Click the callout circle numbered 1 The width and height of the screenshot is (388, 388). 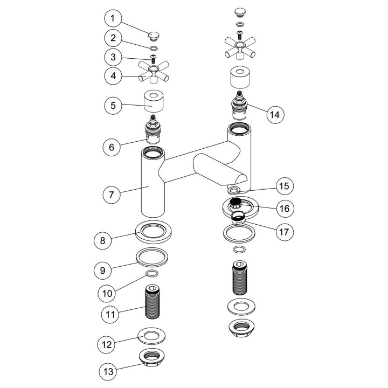[113, 18]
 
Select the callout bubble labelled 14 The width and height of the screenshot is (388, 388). [275, 115]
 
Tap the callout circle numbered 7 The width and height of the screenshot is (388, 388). [112, 195]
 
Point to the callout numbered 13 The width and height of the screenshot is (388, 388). [108, 371]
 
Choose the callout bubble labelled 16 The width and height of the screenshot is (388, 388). [285, 209]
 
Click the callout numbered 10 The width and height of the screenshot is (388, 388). [107, 294]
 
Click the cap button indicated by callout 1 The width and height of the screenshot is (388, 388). [154, 36]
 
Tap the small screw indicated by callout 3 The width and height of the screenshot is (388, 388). [154, 59]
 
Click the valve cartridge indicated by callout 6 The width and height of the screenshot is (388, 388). [153, 129]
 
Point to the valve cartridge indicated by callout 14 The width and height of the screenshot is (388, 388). [239, 105]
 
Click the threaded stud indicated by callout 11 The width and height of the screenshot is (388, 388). [152, 301]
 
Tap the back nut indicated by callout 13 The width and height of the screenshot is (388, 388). [152, 357]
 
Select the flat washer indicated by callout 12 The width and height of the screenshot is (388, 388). [151, 336]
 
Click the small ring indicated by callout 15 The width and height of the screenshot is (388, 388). [233, 191]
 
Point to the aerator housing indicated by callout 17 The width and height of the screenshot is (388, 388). [238, 217]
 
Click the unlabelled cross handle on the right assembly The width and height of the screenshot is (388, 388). [240, 47]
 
